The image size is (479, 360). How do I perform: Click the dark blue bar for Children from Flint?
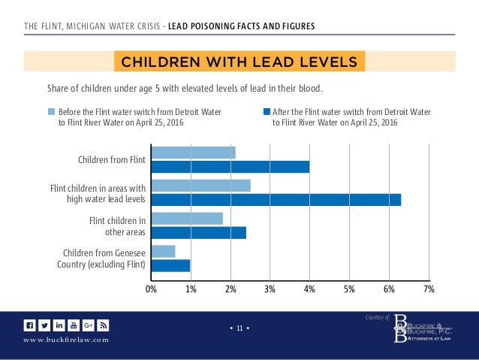tap(230, 167)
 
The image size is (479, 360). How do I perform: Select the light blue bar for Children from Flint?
tap(193, 153)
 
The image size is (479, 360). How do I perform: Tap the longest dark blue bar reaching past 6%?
tap(276, 200)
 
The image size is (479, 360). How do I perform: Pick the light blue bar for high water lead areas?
tap(200, 186)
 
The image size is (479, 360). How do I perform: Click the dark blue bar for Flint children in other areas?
tap(198, 233)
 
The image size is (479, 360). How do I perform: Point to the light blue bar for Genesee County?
tap(163, 251)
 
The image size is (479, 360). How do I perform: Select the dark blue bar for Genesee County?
tap(170, 265)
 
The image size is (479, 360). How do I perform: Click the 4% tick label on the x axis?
tap(309, 289)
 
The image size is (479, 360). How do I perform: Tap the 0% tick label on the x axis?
tap(151, 289)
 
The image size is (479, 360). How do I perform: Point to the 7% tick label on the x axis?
tap(428, 289)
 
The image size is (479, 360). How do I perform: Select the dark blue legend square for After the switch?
tap(267, 112)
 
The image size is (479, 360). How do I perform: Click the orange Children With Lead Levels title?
tap(239, 60)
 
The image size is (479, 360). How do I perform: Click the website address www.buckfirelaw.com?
tap(66, 340)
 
